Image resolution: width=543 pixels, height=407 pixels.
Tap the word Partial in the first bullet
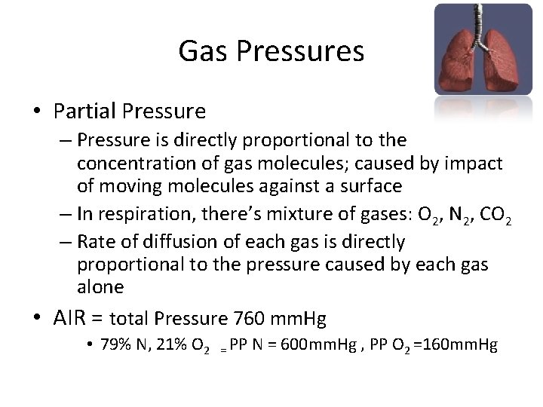point(84,112)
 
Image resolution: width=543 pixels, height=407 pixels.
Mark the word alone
point(100,287)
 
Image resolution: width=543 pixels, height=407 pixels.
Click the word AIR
point(72,319)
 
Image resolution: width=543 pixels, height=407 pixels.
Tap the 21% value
point(175,346)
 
